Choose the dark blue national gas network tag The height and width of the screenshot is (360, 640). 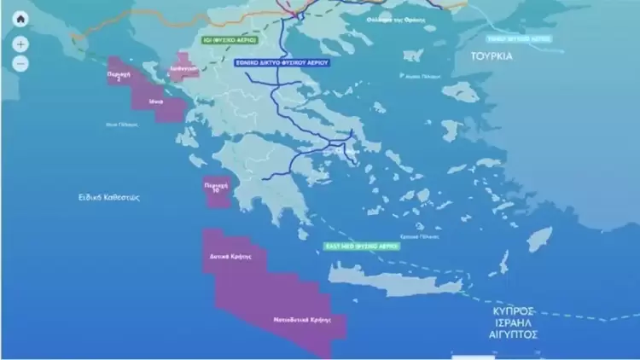coord(282,62)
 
